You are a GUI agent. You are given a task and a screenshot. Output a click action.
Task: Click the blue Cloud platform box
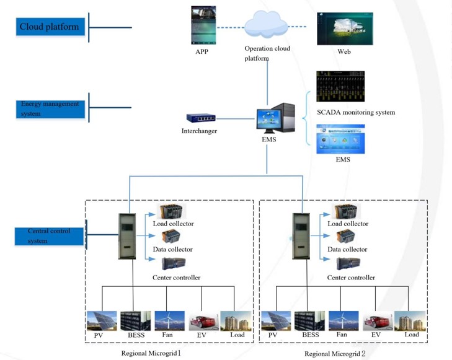coord(50,27)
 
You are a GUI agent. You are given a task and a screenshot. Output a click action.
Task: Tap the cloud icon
coord(266,25)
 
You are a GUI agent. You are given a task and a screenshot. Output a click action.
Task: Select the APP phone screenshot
coord(203,25)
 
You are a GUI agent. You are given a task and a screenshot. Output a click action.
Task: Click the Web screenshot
coord(345,29)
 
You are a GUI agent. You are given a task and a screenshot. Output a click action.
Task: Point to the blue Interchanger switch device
coord(201,118)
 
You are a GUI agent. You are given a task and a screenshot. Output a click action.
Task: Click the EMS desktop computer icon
coord(275,118)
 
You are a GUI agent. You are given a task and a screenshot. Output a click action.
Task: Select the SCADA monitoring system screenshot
coord(340,86)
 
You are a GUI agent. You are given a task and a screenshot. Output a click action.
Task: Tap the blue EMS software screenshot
coord(340,139)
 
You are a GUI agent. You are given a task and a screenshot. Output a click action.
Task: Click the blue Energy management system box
coord(50,109)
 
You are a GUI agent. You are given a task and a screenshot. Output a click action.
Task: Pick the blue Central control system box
coord(49,237)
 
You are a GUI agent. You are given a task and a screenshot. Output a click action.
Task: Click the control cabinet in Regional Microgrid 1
coord(127,236)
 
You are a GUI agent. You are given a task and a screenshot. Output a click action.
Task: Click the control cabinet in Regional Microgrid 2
coord(301,236)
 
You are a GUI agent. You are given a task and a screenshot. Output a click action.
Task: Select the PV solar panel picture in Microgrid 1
coord(102,321)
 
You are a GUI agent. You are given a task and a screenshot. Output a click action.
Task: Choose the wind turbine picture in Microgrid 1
coord(169,321)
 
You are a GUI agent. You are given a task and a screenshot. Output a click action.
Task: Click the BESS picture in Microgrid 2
coord(309,321)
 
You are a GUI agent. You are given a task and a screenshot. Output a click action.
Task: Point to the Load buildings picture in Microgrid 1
coord(236,321)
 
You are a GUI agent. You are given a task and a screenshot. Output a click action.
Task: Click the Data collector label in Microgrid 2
coord(347,250)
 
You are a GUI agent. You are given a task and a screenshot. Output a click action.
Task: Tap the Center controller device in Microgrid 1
coord(174,263)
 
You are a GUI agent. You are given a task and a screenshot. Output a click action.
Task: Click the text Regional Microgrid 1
coord(151,353)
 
